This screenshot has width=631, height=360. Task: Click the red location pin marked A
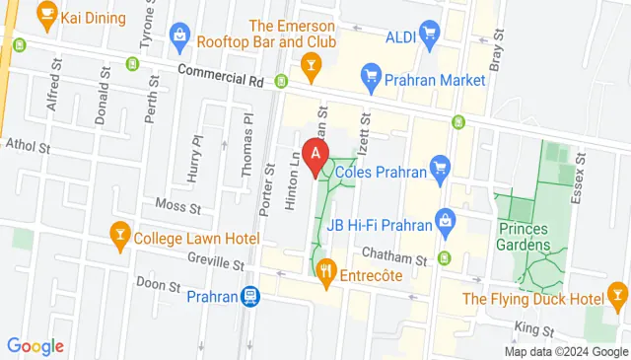pos(315,155)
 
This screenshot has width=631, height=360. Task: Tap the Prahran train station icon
pos(251,296)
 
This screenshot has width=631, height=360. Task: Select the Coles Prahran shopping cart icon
pos(441,171)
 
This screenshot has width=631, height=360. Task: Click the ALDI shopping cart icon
pos(428,36)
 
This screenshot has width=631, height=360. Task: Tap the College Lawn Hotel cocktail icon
pos(120,237)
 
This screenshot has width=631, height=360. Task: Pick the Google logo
pos(35,346)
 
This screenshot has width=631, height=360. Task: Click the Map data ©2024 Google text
pos(565,352)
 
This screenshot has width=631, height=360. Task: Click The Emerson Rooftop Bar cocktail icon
pos(312,66)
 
